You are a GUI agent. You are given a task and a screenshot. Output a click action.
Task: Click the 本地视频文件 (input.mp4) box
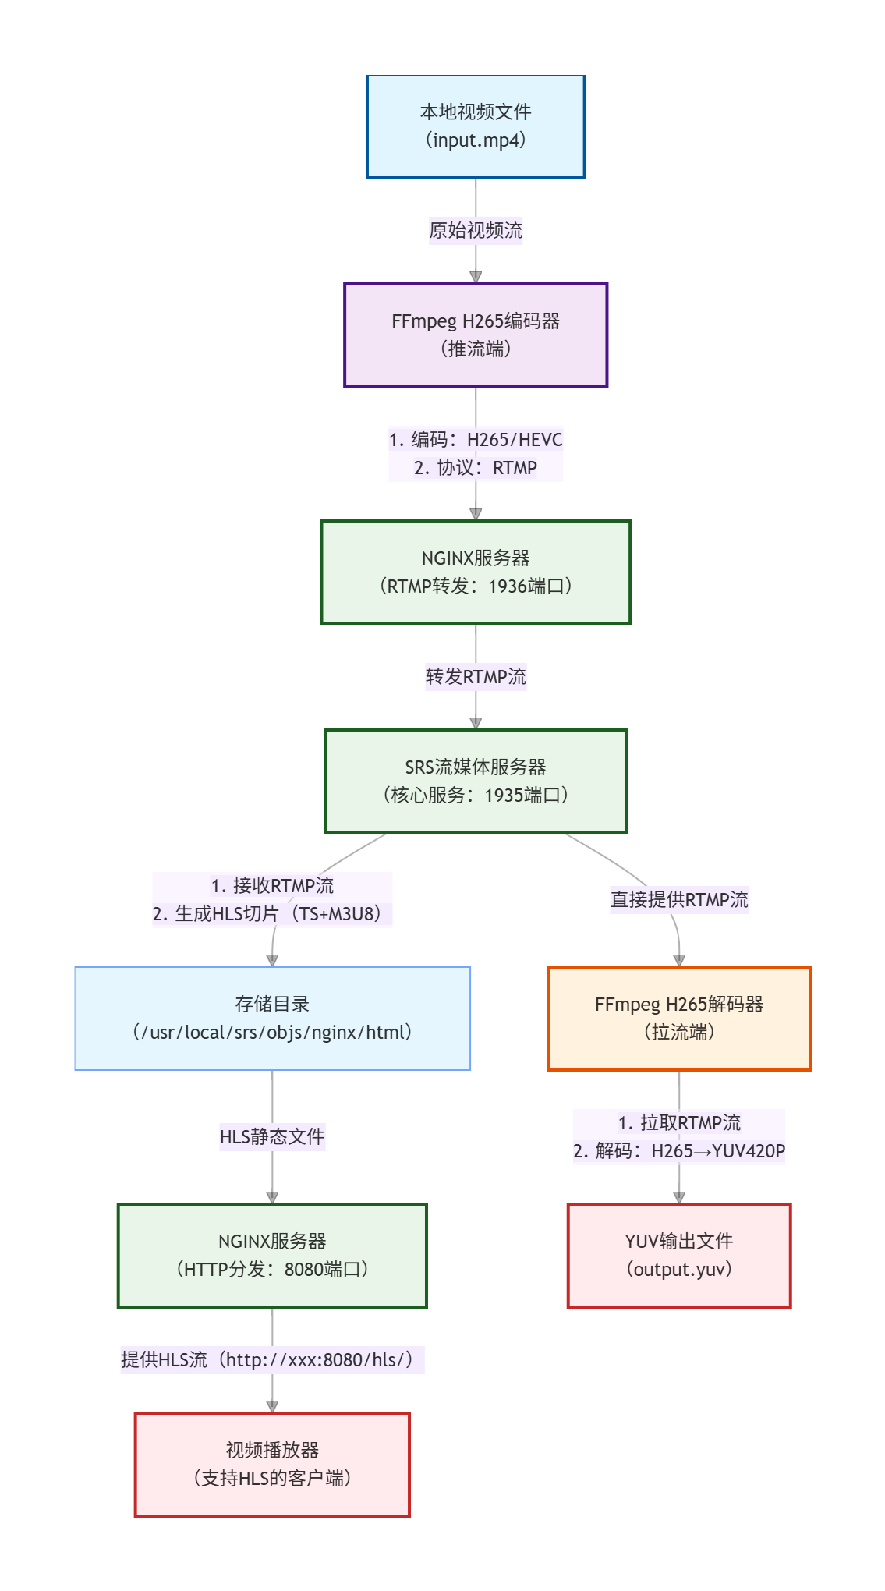[x=476, y=126]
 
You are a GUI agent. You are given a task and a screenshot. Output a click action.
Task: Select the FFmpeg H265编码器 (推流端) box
[x=476, y=335]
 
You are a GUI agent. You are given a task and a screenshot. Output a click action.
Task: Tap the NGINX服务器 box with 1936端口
[x=476, y=572]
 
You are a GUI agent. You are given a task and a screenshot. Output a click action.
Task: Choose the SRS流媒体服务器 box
[x=476, y=781]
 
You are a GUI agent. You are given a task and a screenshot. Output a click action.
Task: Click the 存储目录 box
[x=272, y=1019]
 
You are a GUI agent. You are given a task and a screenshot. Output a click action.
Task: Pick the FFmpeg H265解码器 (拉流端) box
[x=679, y=1019]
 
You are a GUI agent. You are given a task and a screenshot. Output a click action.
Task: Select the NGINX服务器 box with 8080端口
[x=272, y=1256]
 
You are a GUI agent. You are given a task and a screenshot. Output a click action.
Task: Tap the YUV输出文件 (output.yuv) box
[x=679, y=1256]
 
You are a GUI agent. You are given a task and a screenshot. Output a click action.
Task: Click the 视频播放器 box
[x=272, y=1465]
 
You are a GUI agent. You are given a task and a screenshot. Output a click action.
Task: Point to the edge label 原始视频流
[x=476, y=231]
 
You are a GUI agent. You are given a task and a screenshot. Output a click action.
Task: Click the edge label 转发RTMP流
[x=476, y=677]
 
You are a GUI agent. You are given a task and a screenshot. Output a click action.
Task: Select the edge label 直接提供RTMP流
[x=679, y=900]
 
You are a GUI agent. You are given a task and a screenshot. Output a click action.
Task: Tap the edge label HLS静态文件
[x=272, y=1137]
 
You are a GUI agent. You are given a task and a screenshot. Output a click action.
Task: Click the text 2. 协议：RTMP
[x=476, y=468]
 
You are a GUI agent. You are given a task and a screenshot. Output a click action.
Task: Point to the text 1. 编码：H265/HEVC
[x=476, y=440]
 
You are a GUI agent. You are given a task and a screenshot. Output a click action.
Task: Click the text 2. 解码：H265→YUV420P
[x=679, y=1151]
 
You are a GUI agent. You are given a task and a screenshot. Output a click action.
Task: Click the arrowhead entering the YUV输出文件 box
[x=679, y=1197]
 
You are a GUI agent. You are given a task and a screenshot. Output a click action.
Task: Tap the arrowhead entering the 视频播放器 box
[x=272, y=1406]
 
